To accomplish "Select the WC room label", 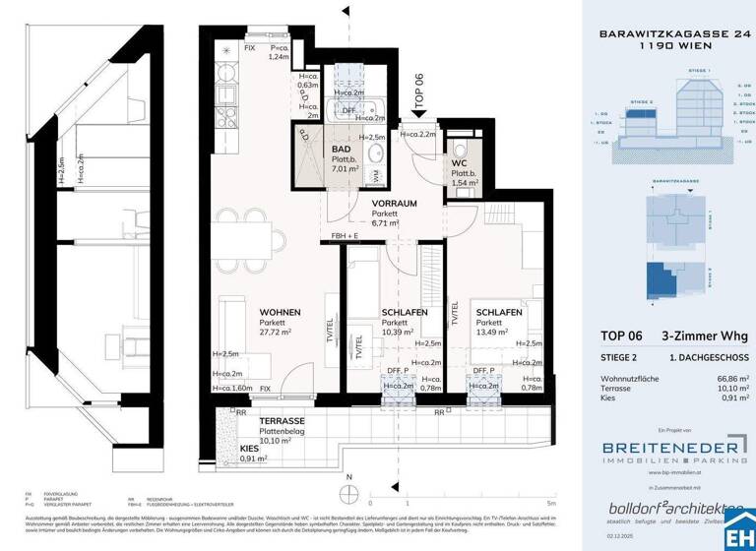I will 459,163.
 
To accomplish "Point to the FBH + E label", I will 346,236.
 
